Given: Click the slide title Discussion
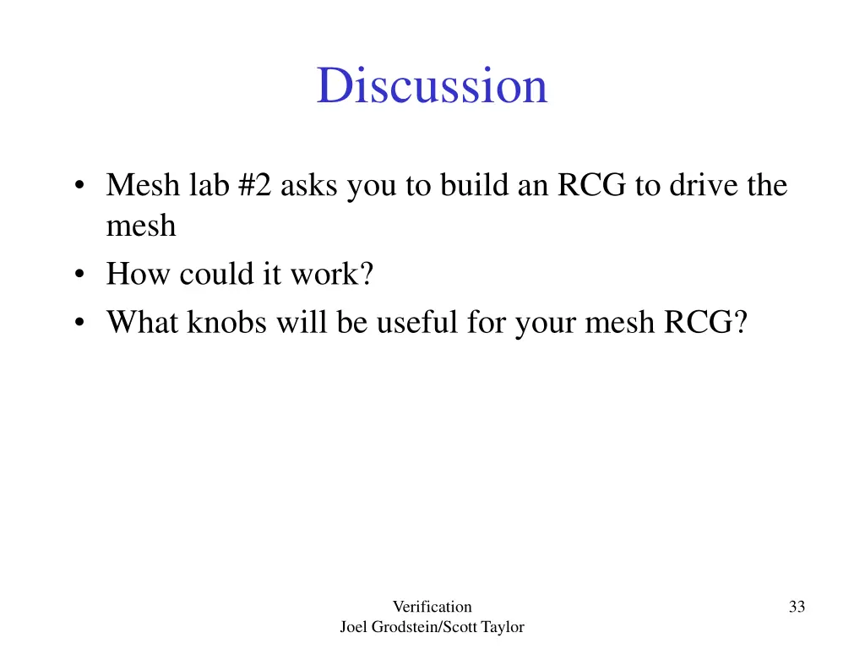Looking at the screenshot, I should (x=432, y=85).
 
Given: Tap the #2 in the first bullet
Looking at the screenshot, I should (x=256, y=185).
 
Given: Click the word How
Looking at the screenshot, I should (x=138, y=275).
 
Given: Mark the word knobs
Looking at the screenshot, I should (x=226, y=322).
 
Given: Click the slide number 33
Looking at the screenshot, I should (x=797, y=606).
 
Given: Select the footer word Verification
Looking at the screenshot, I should (x=432, y=606).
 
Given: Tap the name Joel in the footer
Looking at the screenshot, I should (x=354, y=627).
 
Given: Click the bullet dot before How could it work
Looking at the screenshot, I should (x=79, y=275).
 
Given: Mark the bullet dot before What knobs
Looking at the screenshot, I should (x=79, y=323).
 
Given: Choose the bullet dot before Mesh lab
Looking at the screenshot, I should (x=79, y=186).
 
